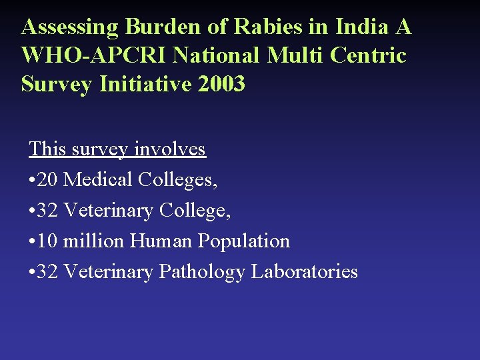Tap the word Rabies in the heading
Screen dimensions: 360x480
tap(265, 27)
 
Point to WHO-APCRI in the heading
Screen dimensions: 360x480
tap(94, 55)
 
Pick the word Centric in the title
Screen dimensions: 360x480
tap(371, 55)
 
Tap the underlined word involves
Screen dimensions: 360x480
tap(170, 149)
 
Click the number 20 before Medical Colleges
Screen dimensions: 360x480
tap(48, 179)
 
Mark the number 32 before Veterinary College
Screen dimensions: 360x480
tap(48, 210)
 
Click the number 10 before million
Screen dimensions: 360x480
tap(48, 241)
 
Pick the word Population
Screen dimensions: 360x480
tap(242, 241)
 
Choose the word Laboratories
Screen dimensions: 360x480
tap(304, 271)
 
